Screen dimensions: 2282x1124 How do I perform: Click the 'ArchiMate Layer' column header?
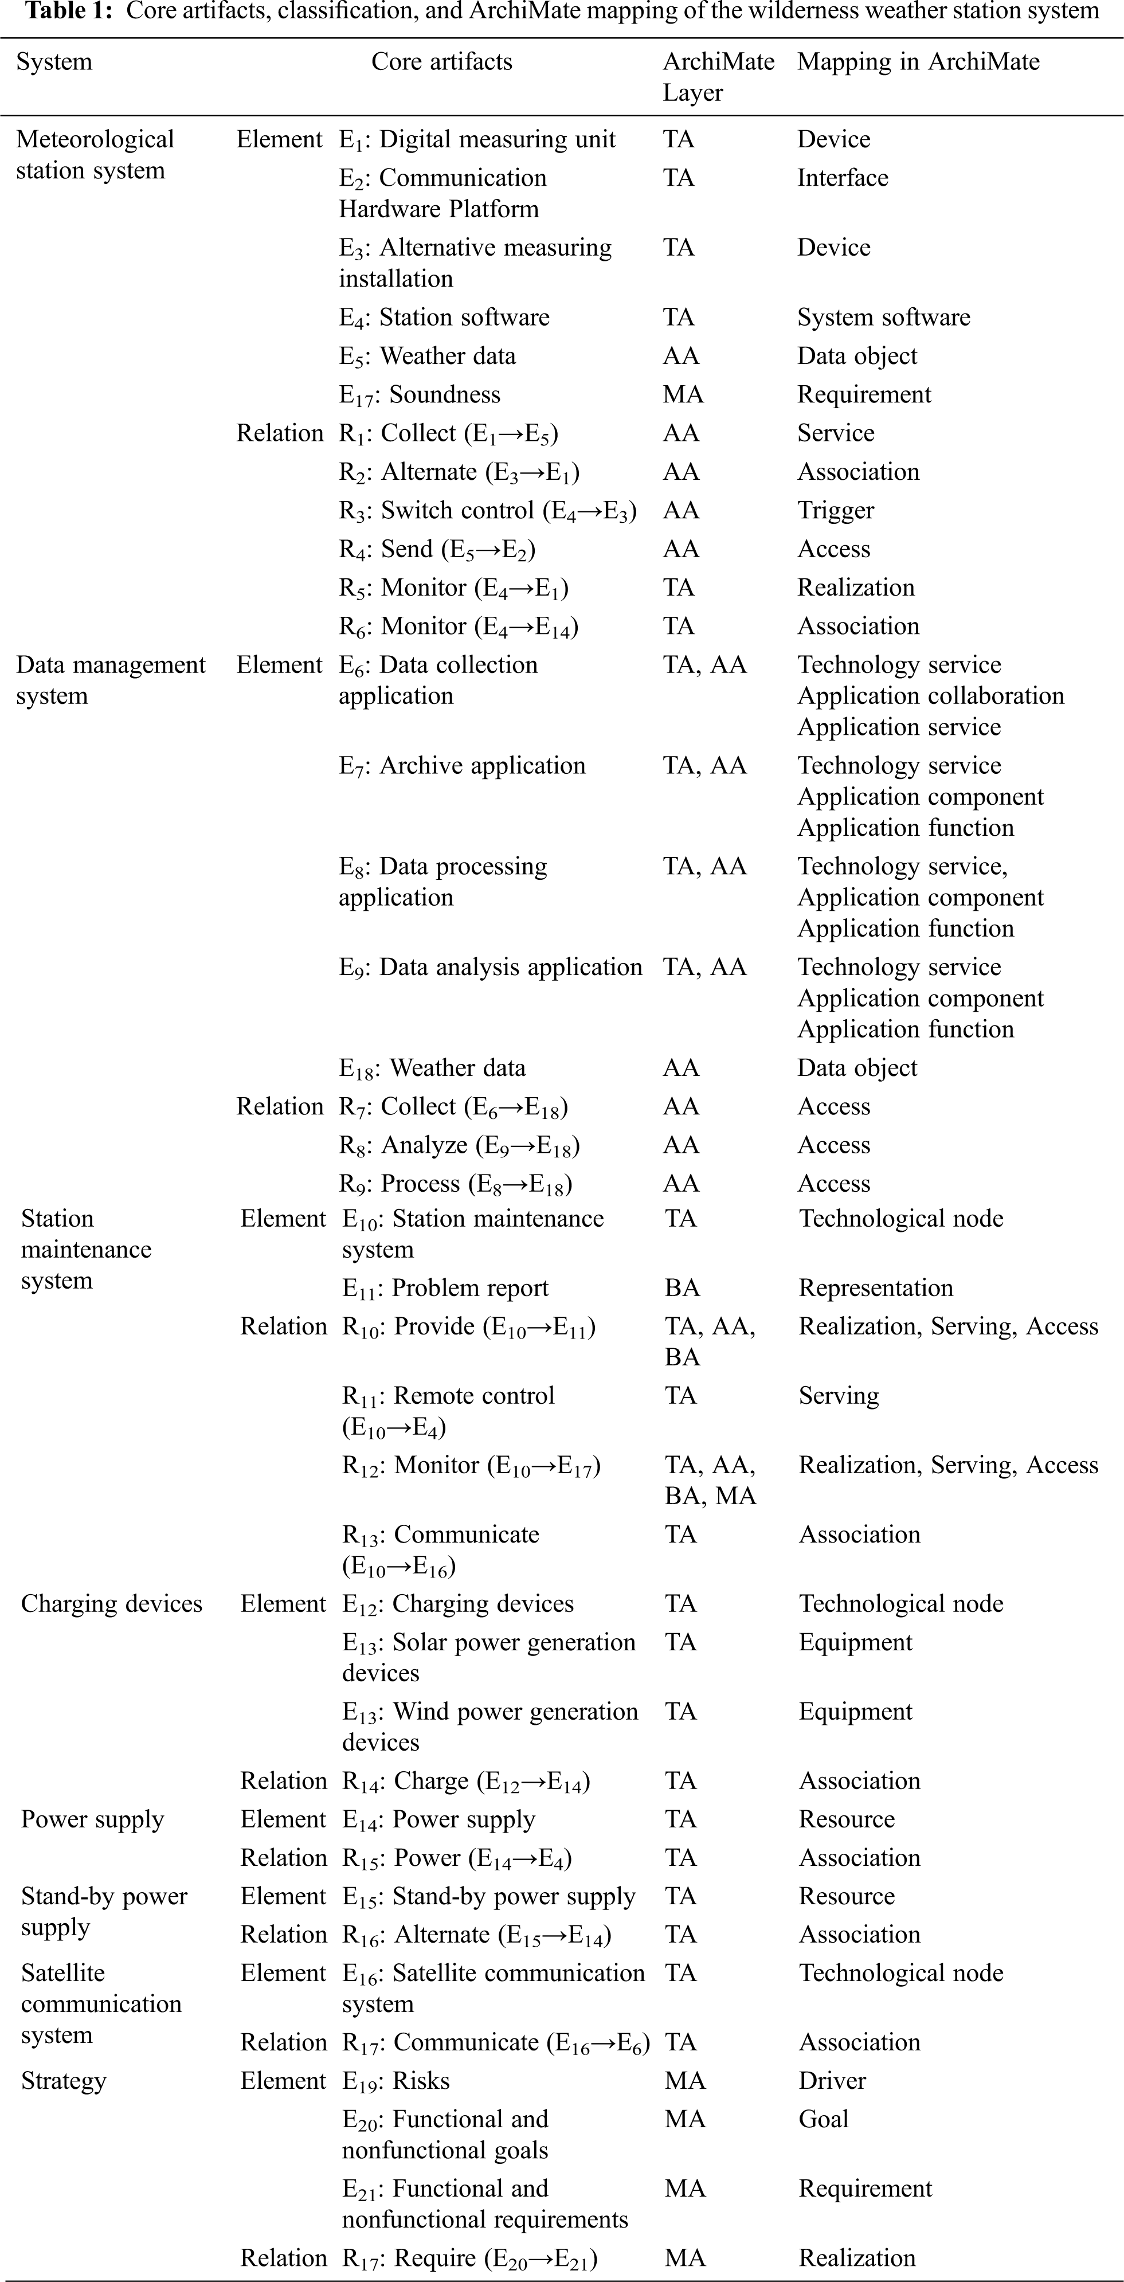point(718,77)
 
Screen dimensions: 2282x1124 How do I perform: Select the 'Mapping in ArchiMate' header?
point(918,62)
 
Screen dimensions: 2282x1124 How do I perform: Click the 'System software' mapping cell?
point(883,317)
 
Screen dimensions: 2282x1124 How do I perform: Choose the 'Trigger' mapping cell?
point(835,510)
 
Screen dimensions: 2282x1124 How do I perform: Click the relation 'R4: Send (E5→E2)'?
point(437,549)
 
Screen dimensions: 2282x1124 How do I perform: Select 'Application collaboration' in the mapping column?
point(930,696)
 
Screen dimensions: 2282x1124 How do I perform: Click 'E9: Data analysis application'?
point(490,968)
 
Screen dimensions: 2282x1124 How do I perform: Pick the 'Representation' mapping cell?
point(875,1288)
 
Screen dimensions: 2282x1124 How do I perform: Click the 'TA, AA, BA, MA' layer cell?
point(710,1480)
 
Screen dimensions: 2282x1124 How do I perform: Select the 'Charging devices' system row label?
point(112,1604)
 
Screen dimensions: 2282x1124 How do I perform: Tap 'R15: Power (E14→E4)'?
point(456,1858)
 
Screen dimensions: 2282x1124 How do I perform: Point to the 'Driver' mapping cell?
point(832,2081)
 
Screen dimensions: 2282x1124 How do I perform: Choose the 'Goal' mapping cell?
point(823,2119)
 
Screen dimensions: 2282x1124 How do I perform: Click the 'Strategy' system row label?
point(64,2081)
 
